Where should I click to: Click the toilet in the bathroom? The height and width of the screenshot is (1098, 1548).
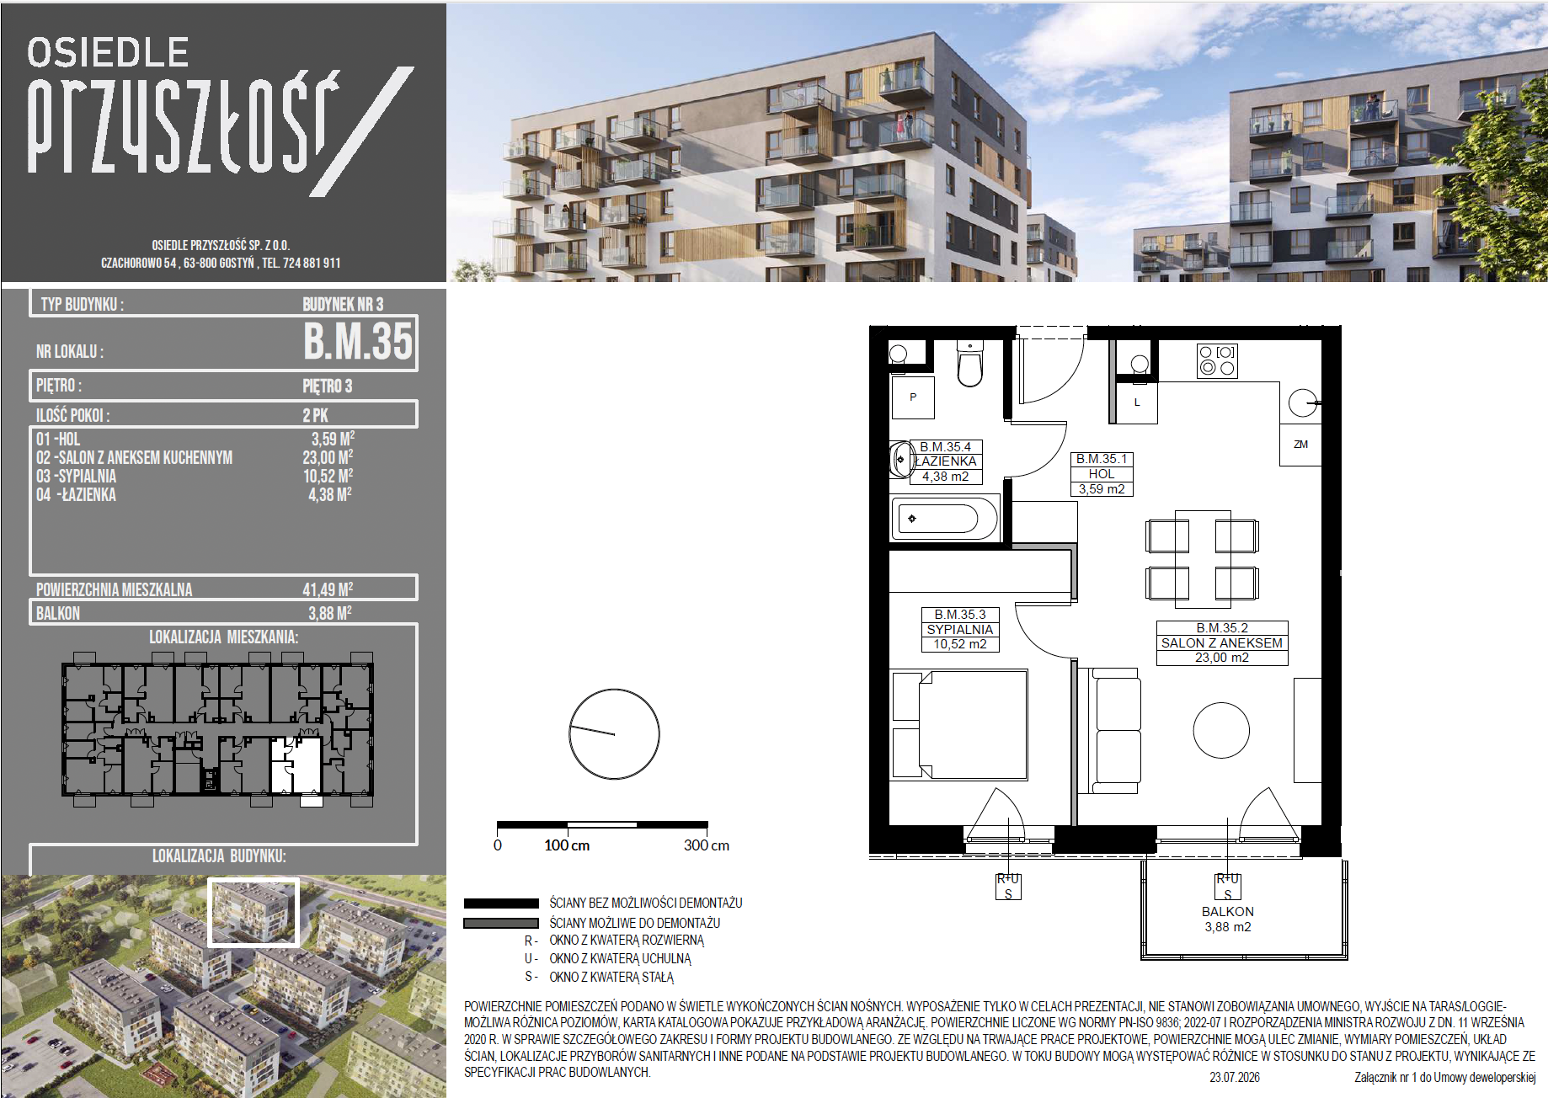coord(970,363)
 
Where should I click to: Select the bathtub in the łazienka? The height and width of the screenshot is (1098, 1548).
coord(945,519)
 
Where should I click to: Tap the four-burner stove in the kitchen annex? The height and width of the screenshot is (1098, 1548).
coord(1217,360)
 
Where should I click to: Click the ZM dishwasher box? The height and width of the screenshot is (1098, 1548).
coord(1301,445)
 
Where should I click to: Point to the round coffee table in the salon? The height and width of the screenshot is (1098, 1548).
coord(1221,731)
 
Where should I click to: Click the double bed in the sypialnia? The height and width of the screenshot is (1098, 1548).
coord(959,725)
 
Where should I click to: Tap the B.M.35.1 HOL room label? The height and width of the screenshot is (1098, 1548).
coord(1102,474)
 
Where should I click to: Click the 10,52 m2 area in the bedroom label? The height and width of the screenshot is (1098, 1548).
coord(960,644)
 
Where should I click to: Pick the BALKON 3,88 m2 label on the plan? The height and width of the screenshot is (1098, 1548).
coord(1228,919)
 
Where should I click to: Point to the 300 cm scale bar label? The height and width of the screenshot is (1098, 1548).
coord(707,845)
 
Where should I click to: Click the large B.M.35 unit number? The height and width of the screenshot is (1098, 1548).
coord(359,341)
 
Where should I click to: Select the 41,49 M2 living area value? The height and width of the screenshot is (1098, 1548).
coord(328,589)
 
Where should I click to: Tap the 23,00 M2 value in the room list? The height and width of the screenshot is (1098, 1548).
coord(328,457)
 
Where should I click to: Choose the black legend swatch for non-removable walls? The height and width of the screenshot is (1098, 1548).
coord(501,903)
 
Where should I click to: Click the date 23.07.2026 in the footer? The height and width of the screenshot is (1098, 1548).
coord(1235,1077)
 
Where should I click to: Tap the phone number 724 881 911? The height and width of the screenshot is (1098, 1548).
coord(312,263)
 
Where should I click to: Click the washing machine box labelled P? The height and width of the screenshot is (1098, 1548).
coord(913,397)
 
